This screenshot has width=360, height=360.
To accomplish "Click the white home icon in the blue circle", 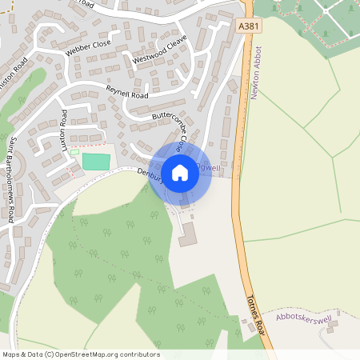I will coord(180,171).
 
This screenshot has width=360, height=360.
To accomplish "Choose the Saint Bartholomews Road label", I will coord(13,179).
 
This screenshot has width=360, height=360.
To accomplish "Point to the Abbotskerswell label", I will coord(304,318).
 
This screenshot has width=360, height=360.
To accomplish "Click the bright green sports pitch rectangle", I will coord(96,161).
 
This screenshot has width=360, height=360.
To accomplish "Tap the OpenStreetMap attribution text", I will coord(81,354).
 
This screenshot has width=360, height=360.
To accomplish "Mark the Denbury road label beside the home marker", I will coord(150,174).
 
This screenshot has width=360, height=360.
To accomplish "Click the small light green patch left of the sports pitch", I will coord(74,152).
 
